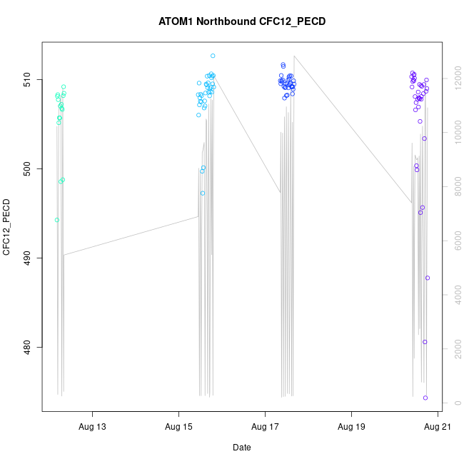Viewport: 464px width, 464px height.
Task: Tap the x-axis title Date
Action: pyautogui.click(x=241, y=448)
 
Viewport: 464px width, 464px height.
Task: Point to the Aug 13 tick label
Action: pyautogui.click(x=92, y=427)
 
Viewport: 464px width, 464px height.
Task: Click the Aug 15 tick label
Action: pyautogui.click(x=178, y=427)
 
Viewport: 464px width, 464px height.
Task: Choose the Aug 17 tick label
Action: pyautogui.click(x=265, y=427)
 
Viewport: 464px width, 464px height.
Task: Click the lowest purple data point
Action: pyautogui.click(x=425, y=398)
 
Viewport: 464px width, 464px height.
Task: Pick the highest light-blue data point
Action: pyautogui.click(x=213, y=56)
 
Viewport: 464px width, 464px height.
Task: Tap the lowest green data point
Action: pyautogui.click(x=57, y=220)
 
